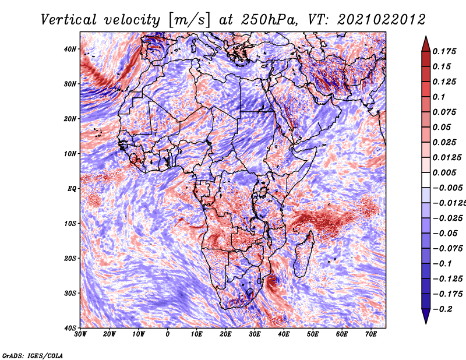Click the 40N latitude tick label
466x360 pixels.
[70, 49]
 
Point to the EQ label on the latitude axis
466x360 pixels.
[72, 189]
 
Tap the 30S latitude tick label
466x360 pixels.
[70, 293]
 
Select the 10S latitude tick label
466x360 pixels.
[70, 224]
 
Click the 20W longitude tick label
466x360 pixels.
[109, 334]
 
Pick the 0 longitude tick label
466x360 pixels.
[168, 334]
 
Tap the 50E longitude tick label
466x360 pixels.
[313, 334]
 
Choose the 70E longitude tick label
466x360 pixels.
[371, 334]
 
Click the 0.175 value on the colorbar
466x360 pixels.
[444, 51]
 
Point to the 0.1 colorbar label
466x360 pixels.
[439, 97]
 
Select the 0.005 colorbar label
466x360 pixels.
[444, 172]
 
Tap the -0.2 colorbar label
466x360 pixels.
[443, 309]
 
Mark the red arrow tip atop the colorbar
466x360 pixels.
[426, 37]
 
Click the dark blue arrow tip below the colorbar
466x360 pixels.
[426, 323]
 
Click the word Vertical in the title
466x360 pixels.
[69, 20]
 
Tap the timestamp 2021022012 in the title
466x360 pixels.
[382, 20]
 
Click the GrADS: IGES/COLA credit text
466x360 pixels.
[33, 355]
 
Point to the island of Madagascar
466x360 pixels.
[303, 256]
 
